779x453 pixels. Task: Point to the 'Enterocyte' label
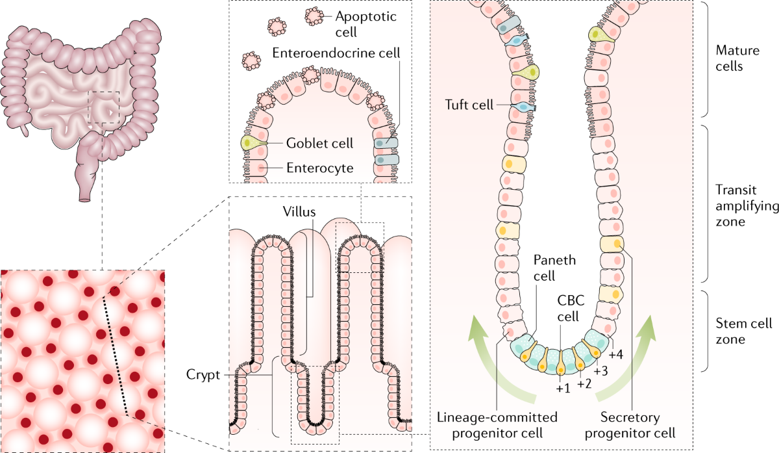pos(320,168)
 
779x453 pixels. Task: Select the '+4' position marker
pos(617,355)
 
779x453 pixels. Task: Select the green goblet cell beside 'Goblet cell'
pos(247,143)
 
